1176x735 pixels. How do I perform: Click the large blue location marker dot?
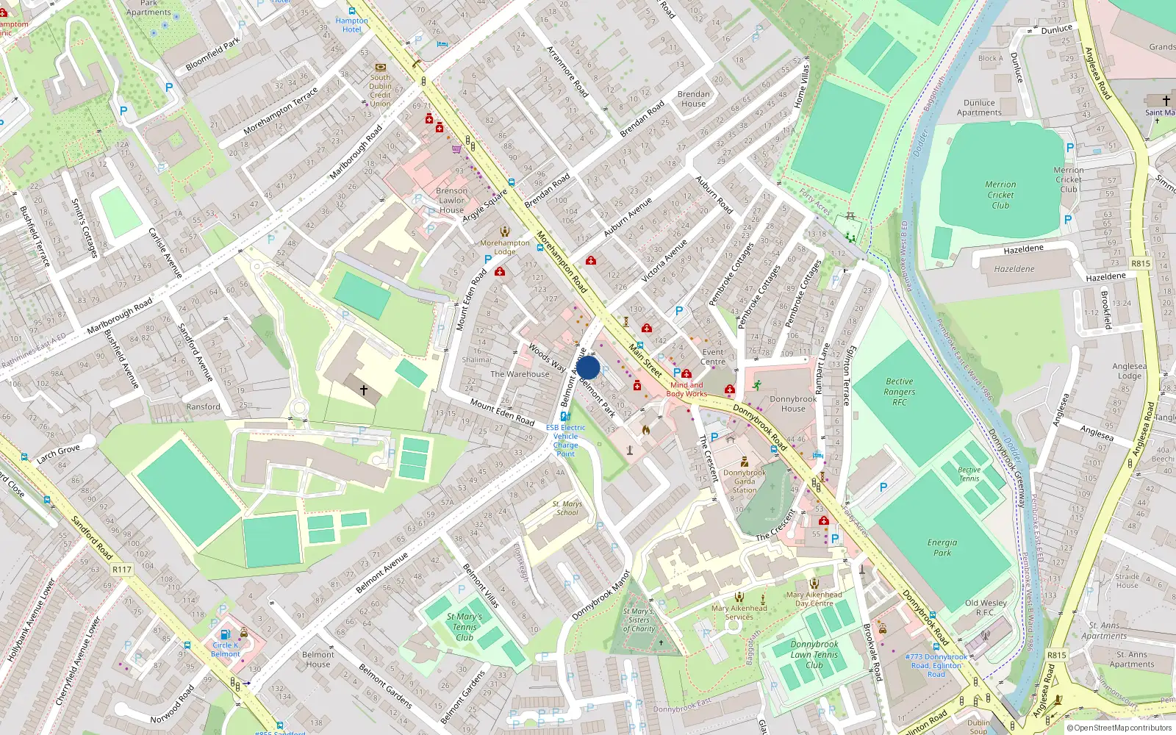pos(588,367)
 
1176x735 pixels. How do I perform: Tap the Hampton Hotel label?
pos(352,25)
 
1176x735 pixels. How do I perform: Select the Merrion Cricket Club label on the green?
pos(1000,195)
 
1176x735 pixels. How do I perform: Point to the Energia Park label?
pos(942,548)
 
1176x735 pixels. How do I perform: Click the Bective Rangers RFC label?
pos(900,392)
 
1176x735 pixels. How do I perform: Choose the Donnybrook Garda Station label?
pos(745,481)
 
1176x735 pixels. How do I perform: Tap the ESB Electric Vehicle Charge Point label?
pos(565,440)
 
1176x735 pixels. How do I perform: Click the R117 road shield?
pos(122,570)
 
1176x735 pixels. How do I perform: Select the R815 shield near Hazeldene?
pos(1140,263)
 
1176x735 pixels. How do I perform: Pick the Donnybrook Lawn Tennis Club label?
pos(814,654)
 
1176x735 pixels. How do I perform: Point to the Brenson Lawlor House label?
pos(451,200)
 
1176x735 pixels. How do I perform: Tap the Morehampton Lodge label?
pos(504,247)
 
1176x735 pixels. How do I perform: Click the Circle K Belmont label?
pos(225,650)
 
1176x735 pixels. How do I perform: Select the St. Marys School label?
pos(567,508)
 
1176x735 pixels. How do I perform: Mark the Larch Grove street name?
pos(58,454)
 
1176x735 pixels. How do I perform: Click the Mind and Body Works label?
pos(686,390)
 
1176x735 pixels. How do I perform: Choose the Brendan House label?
pos(693,98)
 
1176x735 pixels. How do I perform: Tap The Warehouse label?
pos(520,374)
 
